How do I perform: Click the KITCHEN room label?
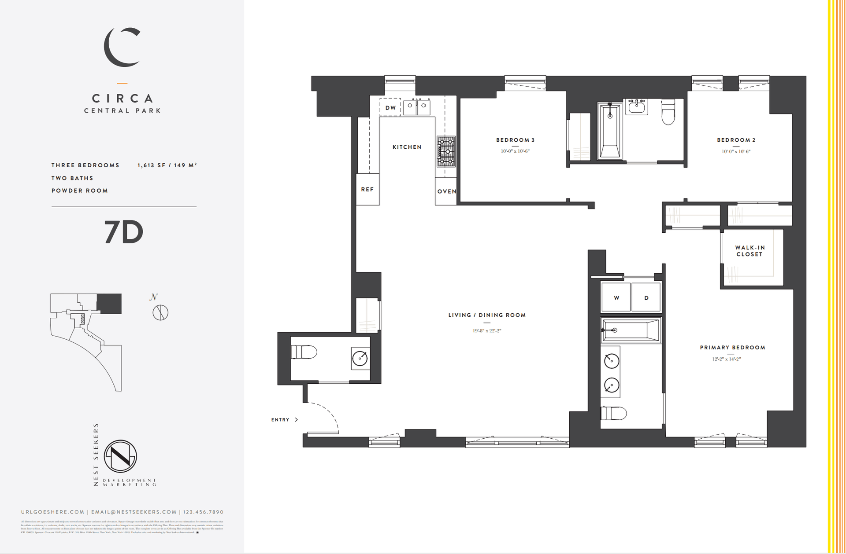407,147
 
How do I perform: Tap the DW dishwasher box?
390,107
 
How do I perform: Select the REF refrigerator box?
367,189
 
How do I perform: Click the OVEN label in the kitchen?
446,191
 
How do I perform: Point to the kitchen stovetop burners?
445,151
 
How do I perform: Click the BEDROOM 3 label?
515,140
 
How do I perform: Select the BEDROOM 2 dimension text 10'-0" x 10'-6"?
736,151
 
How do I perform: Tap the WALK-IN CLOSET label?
750,251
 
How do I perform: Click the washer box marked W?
616,298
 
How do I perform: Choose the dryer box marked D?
646,298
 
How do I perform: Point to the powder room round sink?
360,358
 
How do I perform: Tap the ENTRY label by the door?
280,420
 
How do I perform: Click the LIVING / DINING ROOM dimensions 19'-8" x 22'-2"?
487,330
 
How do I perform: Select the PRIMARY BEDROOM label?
732,348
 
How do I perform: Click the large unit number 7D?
124,232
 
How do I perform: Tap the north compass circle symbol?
160,312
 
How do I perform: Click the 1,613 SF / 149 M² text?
167,165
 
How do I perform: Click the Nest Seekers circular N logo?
120,457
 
